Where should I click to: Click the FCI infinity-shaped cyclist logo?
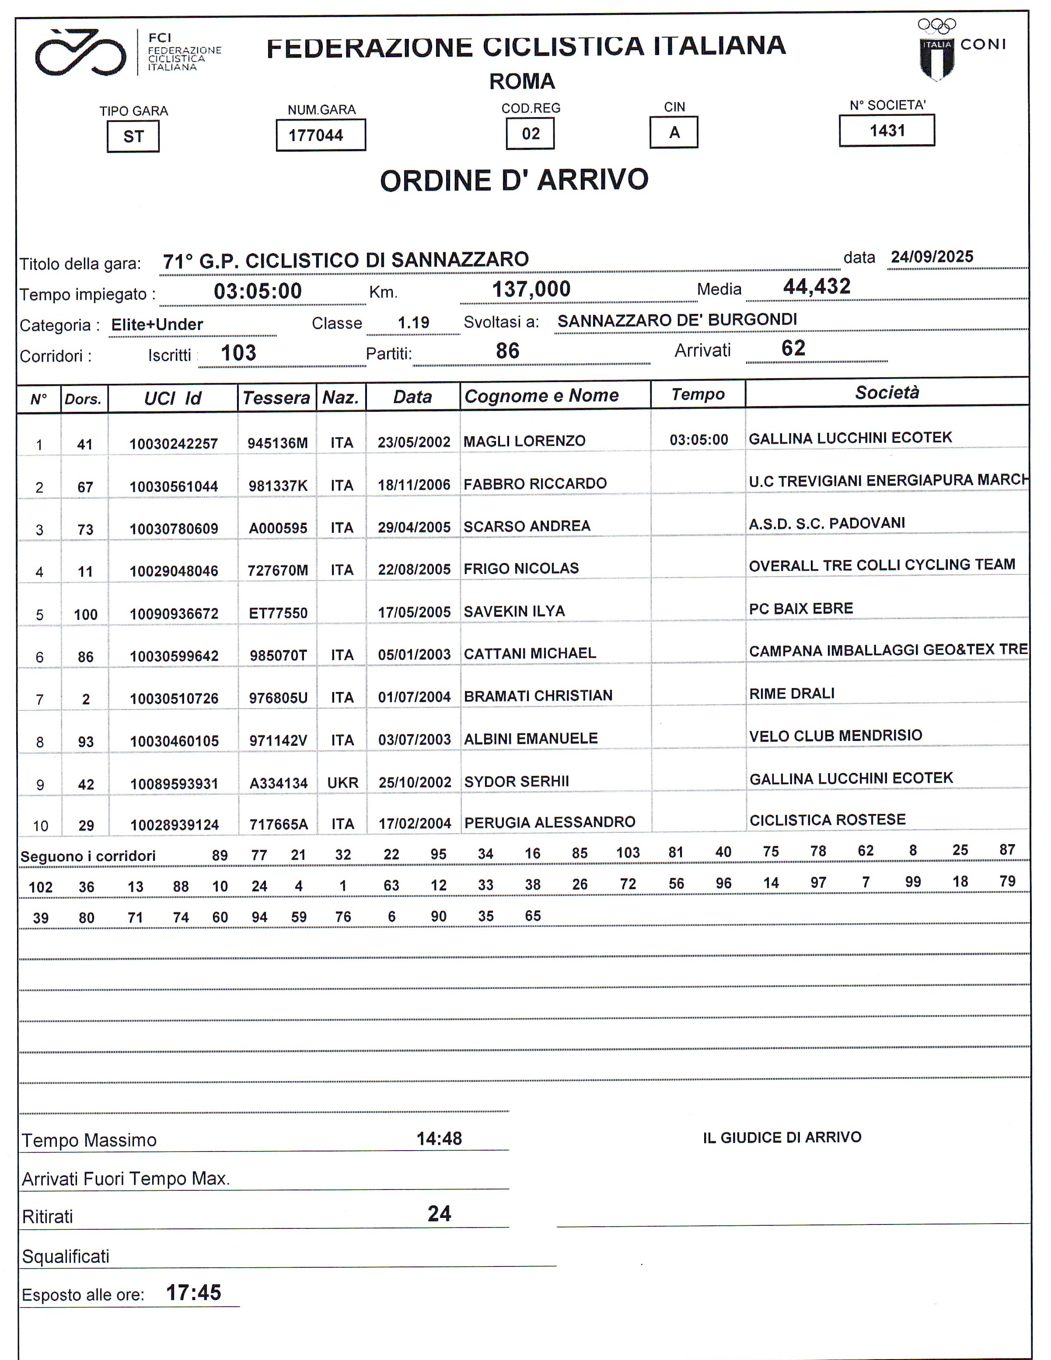tap(80, 53)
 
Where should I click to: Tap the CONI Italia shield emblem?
tap(936, 59)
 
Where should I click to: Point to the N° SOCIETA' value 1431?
tap(887, 131)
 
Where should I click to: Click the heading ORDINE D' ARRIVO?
tap(514, 181)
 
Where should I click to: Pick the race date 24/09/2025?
tap(932, 257)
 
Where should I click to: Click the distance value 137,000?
tap(531, 289)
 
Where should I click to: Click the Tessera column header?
tap(276, 397)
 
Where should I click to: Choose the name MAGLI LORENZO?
tap(524, 441)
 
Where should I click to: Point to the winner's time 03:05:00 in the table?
tap(698, 440)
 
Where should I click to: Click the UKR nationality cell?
tap(342, 783)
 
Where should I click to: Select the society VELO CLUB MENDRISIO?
tap(835, 735)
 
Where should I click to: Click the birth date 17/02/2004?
tap(414, 823)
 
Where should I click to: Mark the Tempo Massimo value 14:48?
tap(439, 1139)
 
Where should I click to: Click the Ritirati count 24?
tap(439, 1214)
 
